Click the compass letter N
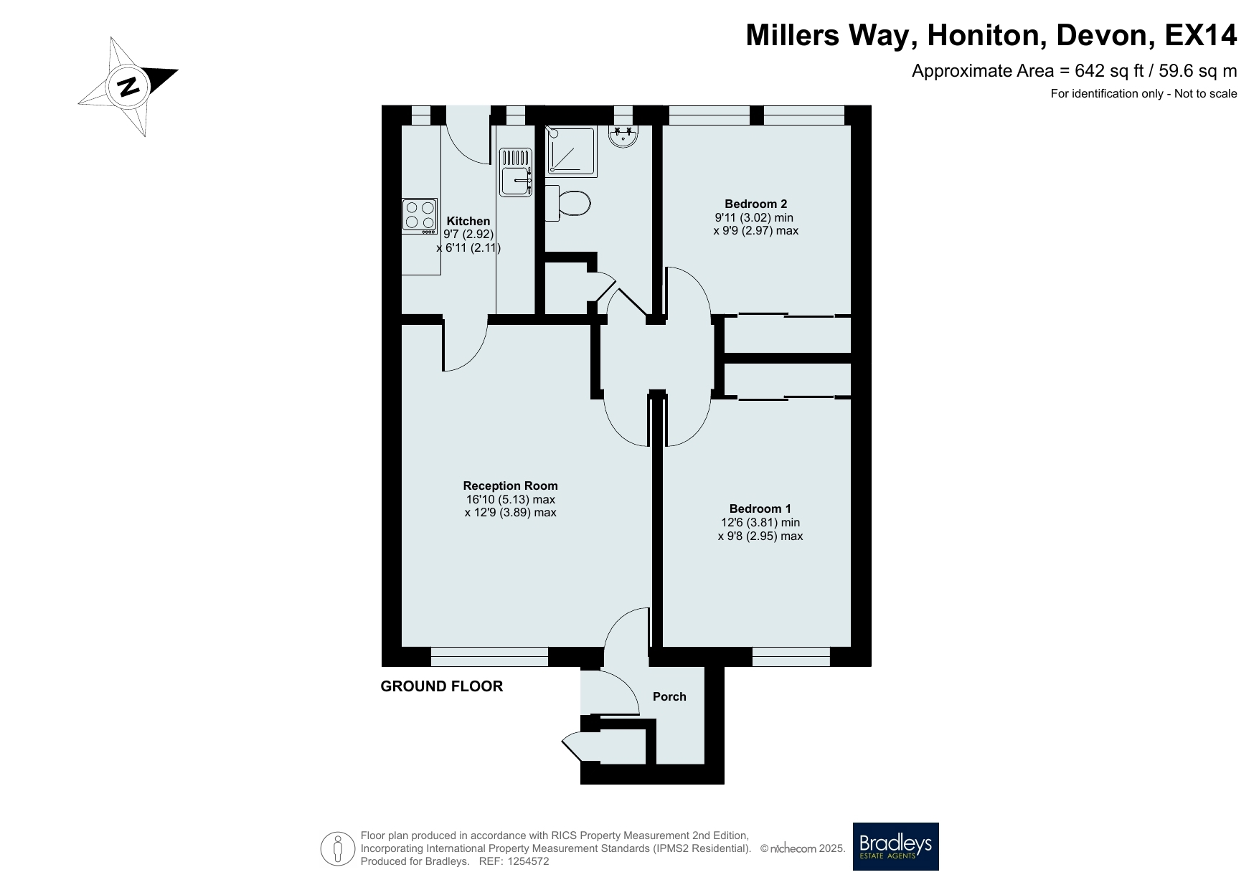pyautogui.click(x=128, y=87)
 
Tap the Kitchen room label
pyautogui.click(x=468, y=222)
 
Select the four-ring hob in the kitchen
pyautogui.click(x=420, y=216)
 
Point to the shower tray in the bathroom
pyautogui.click(x=571, y=152)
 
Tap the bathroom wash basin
pyautogui.click(x=623, y=136)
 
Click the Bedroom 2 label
pyautogui.click(x=755, y=204)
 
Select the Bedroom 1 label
pyautogui.click(x=760, y=509)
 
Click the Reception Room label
pyautogui.click(x=510, y=486)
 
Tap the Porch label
pyautogui.click(x=669, y=696)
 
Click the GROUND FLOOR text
pyautogui.click(x=442, y=686)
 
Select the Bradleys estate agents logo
pyautogui.click(x=895, y=846)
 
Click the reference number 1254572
pyautogui.click(x=528, y=861)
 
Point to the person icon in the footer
pyautogui.click(x=338, y=848)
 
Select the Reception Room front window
pyautogui.click(x=489, y=657)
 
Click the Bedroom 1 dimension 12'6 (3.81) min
pyautogui.click(x=760, y=523)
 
